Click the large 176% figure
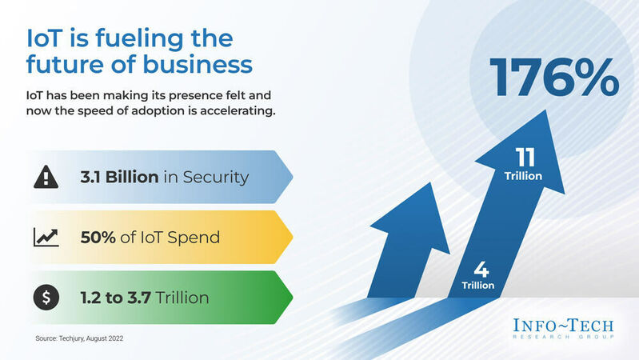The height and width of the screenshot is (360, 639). click(553, 76)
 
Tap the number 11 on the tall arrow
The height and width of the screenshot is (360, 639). click(525, 158)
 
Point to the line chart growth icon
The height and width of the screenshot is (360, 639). click(46, 238)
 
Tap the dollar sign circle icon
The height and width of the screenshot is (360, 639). click(46, 298)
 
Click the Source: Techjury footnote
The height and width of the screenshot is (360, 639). click(80, 339)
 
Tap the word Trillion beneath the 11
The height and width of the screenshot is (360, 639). click(524, 176)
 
